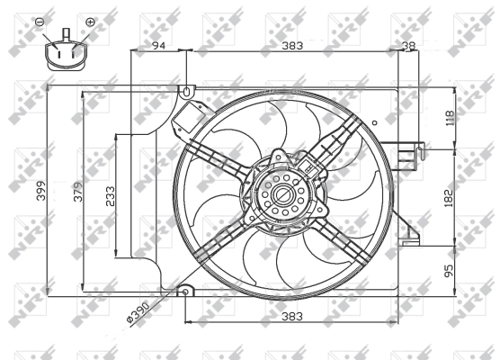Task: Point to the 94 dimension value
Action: [x=159, y=44]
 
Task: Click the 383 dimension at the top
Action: [x=290, y=44]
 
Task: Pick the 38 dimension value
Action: [x=409, y=44]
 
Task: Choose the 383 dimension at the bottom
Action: [x=290, y=316]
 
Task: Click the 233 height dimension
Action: [x=110, y=197]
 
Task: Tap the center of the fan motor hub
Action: [x=281, y=194]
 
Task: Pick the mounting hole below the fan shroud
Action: [x=185, y=292]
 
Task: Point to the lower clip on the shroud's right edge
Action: [x=413, y=236]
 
